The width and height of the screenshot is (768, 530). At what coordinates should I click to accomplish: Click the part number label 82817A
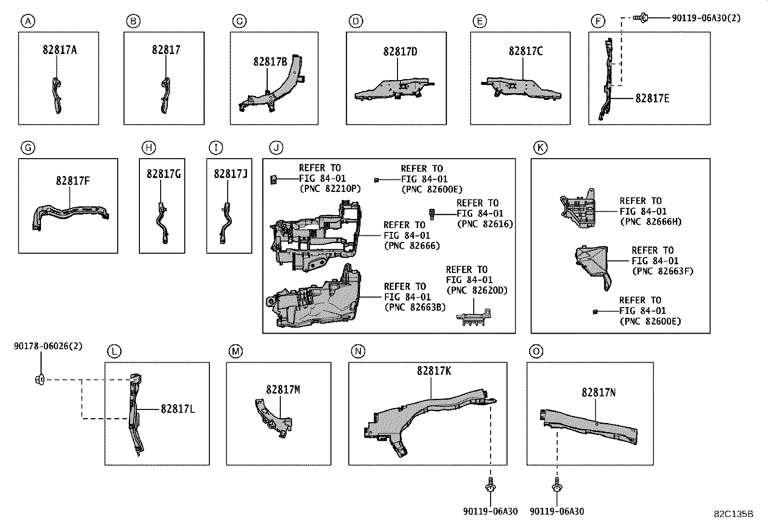(59, 50)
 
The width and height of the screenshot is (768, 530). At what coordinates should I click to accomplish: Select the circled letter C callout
(239, 21)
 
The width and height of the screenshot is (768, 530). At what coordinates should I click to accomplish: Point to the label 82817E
(652, 98)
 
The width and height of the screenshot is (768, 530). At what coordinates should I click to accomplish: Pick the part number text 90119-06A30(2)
(706, 18)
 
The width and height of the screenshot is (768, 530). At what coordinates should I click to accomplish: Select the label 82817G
(164, 174)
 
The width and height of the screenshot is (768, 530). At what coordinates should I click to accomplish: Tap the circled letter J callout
(276, 148)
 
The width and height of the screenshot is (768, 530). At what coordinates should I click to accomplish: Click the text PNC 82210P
(330, 189)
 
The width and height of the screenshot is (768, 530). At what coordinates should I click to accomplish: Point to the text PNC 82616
(485, 224)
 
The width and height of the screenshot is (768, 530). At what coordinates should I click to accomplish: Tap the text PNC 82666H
(650, 222)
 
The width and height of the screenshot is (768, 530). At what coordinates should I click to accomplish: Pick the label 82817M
(283, 390)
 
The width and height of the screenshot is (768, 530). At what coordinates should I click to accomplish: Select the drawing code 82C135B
(733, 514)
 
